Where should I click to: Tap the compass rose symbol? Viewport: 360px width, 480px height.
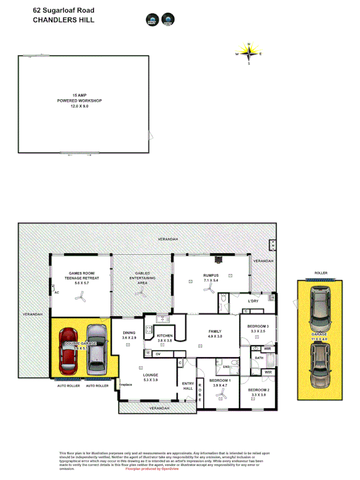tap(249, 53)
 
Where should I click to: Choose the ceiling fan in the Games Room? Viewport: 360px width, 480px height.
tap(81, 299)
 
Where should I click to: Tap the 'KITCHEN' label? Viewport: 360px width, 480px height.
tap(164, 335)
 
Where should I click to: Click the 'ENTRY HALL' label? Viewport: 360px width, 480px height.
tap(188, 386)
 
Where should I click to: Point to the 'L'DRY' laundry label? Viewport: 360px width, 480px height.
tap(253, 301)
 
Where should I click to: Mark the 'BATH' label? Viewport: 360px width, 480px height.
tap(259, 358)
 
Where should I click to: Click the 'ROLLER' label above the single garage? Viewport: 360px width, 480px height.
tap(321, 273)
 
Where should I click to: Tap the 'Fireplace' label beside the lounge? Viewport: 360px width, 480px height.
tap(125, 384)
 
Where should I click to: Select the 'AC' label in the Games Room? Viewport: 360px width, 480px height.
tap(56, 292)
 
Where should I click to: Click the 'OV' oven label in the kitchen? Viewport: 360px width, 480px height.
tap(158, 354)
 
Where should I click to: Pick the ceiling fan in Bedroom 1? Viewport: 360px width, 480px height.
tap(220, 395)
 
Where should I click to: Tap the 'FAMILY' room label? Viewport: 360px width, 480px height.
tap(214, 331)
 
